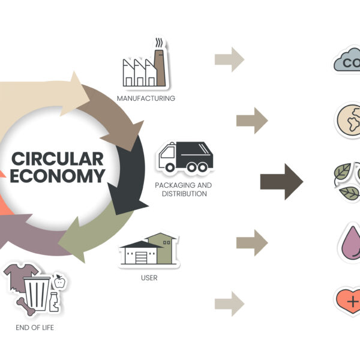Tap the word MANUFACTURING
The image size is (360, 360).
click(x=146, y=98)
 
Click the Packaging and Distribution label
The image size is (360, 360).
click(x=183, y=190)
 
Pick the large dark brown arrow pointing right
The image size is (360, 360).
click(x=281, y=179)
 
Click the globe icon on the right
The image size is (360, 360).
click(x=348, y=119)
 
